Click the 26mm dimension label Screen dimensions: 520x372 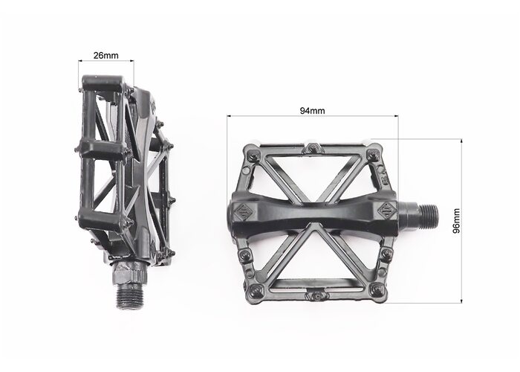pyautogui.click(x=105, y=55)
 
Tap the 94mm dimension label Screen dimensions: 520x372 pyautogui.click(x=313, y=111)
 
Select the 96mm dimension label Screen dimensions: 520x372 pyautogui.click(x=457, y=221)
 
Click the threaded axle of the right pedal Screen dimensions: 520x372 pyautogui.click(x=429, y=214)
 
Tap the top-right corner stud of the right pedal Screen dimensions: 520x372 pyautogui.click(x=373, y=154)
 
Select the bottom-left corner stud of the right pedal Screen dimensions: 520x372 pyautogui.click(x=255, y=291)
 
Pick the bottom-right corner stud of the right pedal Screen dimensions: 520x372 pyautogui.click(x=376, y=289)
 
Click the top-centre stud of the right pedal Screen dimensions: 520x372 pyautogui.click(x=313, y=148)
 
